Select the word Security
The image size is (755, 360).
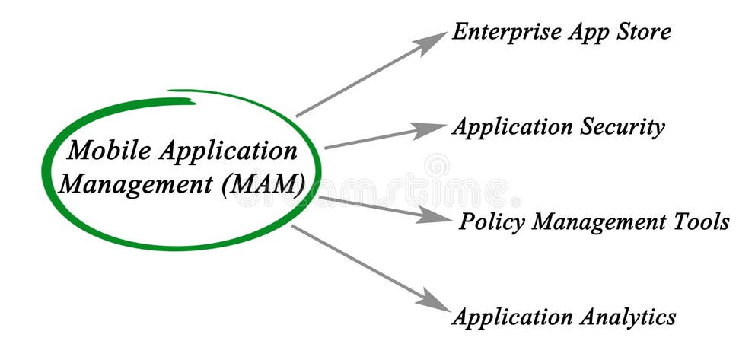coord(621,127)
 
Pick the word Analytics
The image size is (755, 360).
coord(626,316)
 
